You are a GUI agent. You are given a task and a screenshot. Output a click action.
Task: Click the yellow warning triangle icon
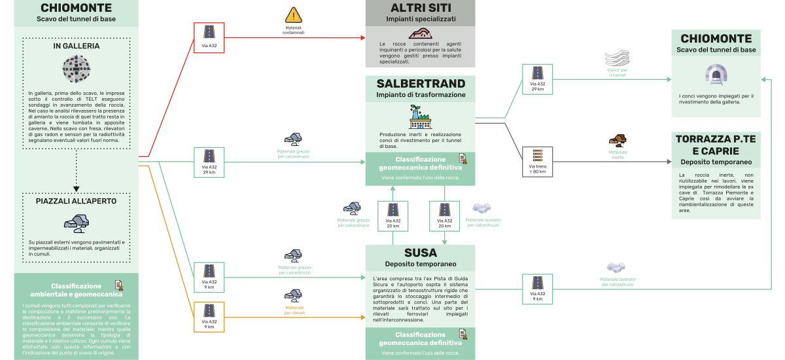point(294,15)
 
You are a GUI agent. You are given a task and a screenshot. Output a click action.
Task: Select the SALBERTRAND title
point(420,84)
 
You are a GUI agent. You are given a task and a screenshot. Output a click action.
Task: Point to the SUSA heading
point(420,253)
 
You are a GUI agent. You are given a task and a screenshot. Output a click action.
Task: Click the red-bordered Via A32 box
point(209,38)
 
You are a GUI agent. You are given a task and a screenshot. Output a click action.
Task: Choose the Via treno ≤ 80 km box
point(538,162)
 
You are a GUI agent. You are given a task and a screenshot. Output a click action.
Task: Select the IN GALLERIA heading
point(77,46)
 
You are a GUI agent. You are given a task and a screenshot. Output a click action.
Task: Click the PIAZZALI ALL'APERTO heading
point(77,201)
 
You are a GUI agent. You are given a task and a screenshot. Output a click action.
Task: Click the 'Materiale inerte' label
point(618,154)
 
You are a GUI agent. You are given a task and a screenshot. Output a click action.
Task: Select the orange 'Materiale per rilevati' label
point(294,310)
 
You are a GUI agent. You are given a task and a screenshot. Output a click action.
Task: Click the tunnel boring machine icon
point(77,68)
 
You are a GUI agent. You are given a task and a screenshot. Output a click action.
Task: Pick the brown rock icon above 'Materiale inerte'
point(618,139)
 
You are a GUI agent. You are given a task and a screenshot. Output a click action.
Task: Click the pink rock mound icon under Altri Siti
point(420,34)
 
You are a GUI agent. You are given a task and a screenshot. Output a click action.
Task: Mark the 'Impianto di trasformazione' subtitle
point(420,95)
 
